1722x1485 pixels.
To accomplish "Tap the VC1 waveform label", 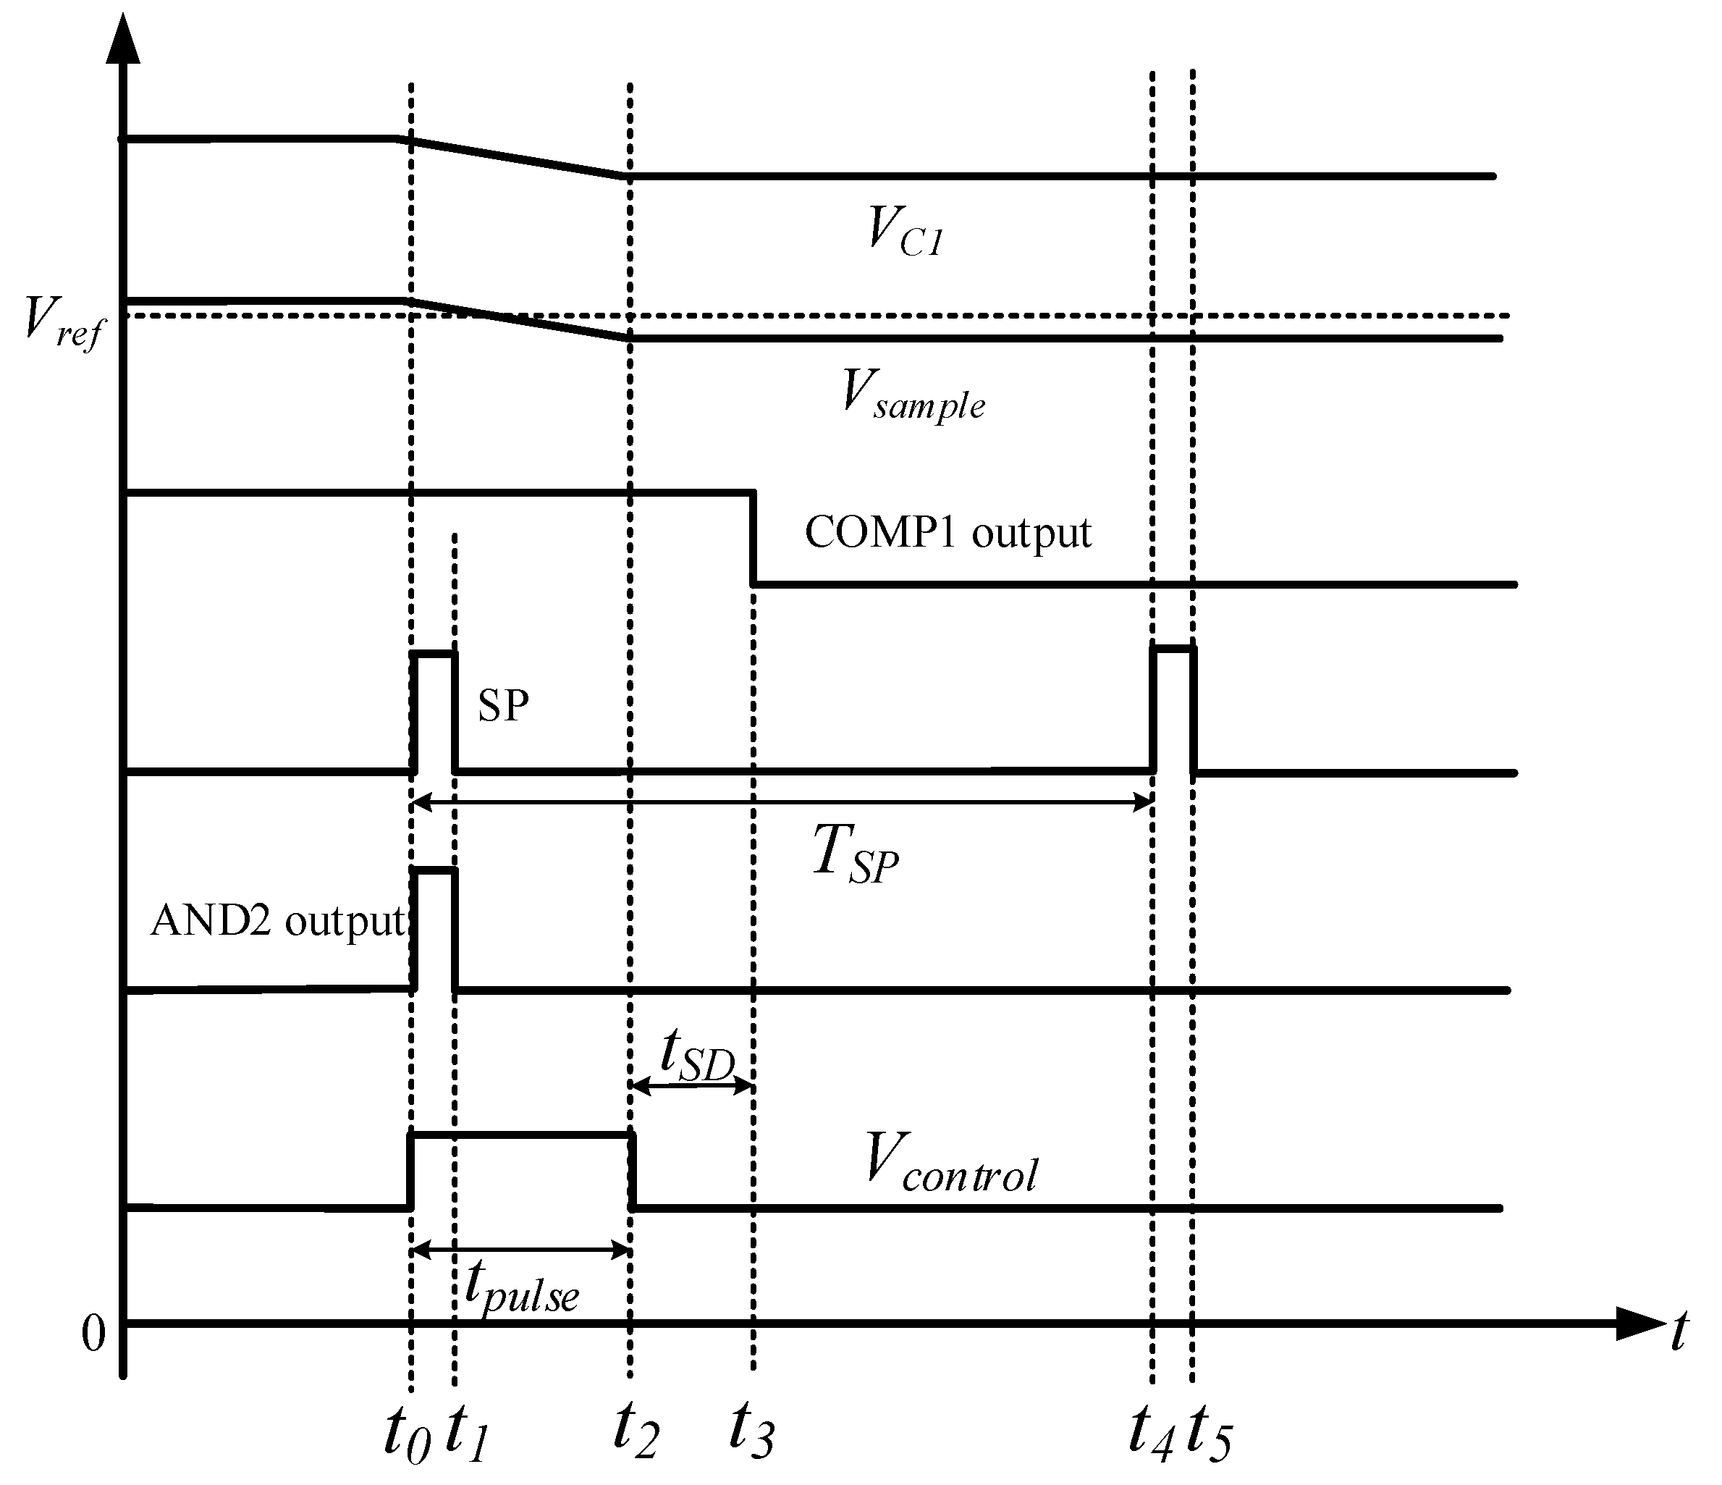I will (904, 230).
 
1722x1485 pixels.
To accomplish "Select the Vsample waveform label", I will (913, 397).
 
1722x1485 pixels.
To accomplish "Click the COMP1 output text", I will (947, 532).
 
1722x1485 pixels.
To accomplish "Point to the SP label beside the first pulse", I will (503, 706).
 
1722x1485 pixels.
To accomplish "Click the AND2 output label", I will (277, 921).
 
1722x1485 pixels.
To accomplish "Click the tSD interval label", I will (696, 1057).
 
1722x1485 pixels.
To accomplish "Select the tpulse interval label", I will (521, 1287).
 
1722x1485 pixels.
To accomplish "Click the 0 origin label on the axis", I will (93, 1336).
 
